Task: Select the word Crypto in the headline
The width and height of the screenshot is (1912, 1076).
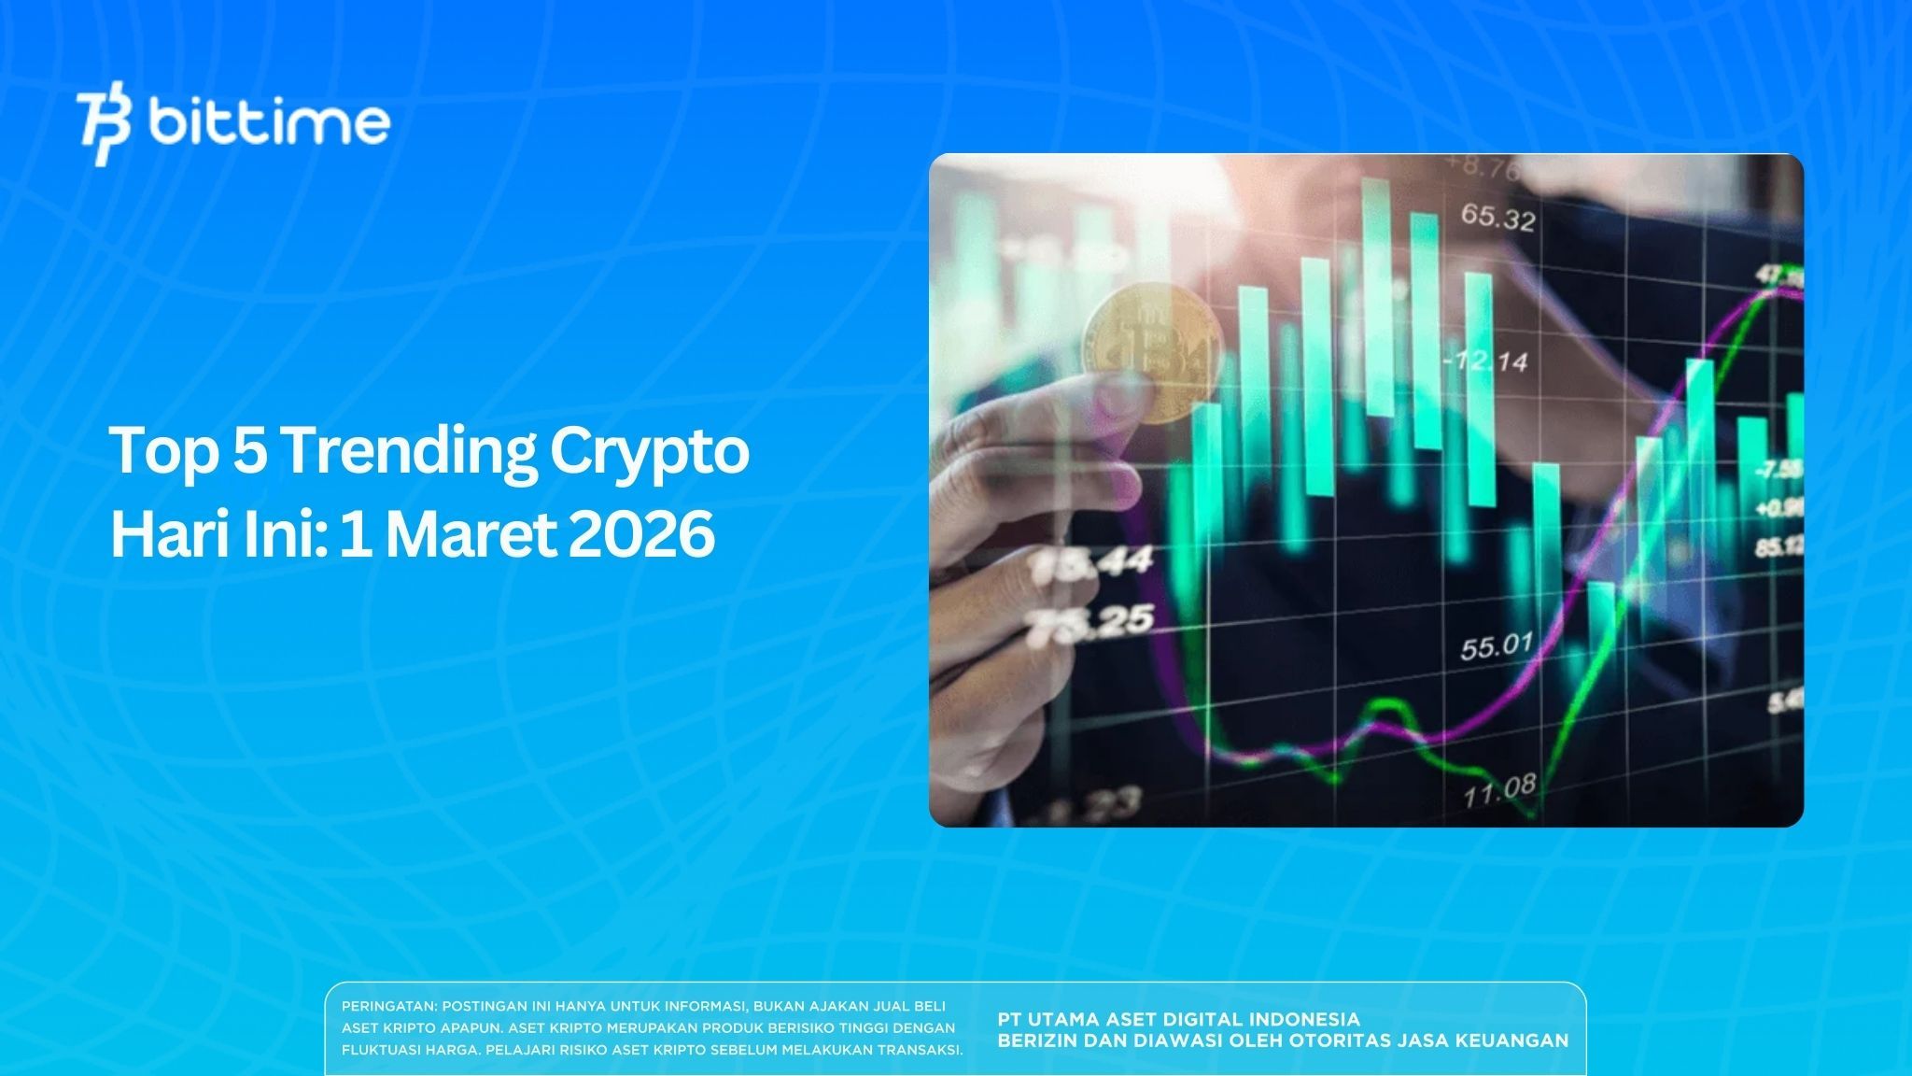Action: click(649, 453)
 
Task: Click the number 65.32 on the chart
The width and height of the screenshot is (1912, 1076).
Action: click(1497, 219)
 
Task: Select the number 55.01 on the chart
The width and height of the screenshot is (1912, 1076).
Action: click(1497, 645)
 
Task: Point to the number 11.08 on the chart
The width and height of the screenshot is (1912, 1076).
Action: click(1498, 791)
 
